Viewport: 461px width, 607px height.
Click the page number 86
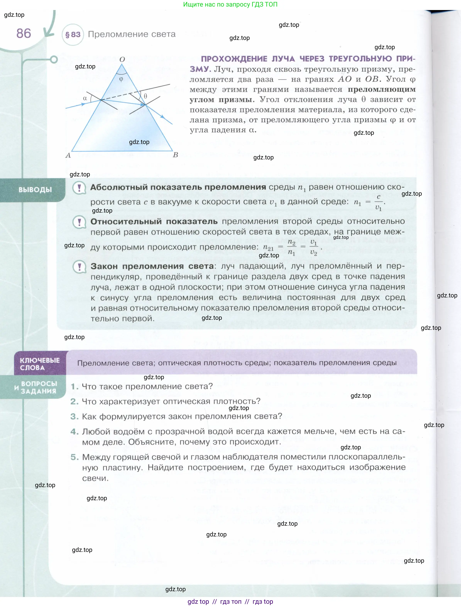pos(24,34)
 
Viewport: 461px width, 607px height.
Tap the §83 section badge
pos(73,35)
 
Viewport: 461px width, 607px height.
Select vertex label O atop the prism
pos(122,59)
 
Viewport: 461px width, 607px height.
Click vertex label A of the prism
pos(68,156)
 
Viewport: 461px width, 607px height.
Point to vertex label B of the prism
pos(175,155)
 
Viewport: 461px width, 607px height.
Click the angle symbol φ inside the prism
pos(121,79)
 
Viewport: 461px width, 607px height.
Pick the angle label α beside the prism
pos(85,98)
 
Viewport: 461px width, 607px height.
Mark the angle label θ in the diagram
pos(145,96)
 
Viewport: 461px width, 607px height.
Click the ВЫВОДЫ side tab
pos(35,190)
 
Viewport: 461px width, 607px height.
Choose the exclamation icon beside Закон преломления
pos(79,267)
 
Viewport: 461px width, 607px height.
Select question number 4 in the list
pos(74,432)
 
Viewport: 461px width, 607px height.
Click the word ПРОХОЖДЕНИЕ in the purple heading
pos(234,59)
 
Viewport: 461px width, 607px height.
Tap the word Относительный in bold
pos(126,221)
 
